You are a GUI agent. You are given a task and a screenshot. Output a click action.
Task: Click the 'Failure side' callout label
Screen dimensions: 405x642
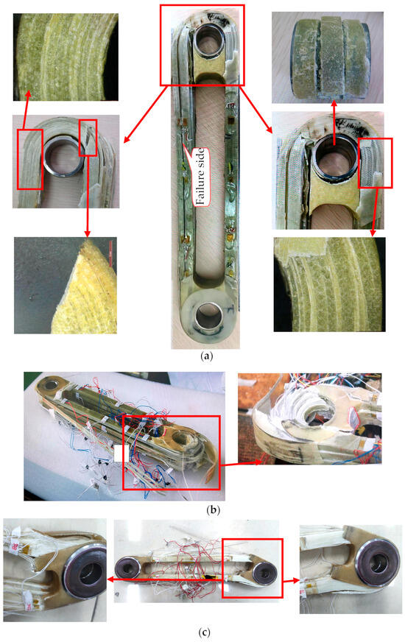pyautogui.click(x=200, y=176)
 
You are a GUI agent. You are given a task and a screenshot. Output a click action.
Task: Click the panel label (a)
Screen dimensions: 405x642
pyautogui.click(x=206, y=356)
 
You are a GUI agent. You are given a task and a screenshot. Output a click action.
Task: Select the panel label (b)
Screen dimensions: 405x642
pyautogui.click(x=213, y=509)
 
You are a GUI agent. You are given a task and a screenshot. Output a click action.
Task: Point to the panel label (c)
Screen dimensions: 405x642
pyautogui.click(x=205, y=632)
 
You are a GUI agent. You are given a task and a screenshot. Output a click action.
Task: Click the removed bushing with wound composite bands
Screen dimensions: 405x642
pyautogui.click(x=330, y=57)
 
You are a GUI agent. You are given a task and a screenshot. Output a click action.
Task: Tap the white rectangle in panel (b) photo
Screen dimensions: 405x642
pyautogui.click(x=121, y=454)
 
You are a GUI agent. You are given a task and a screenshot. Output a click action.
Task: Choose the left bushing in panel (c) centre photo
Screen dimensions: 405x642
pyautogui.click(x=128, y=568)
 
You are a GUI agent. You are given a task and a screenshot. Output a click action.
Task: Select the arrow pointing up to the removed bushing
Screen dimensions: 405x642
pyautogui.click(x=334, y=122)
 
